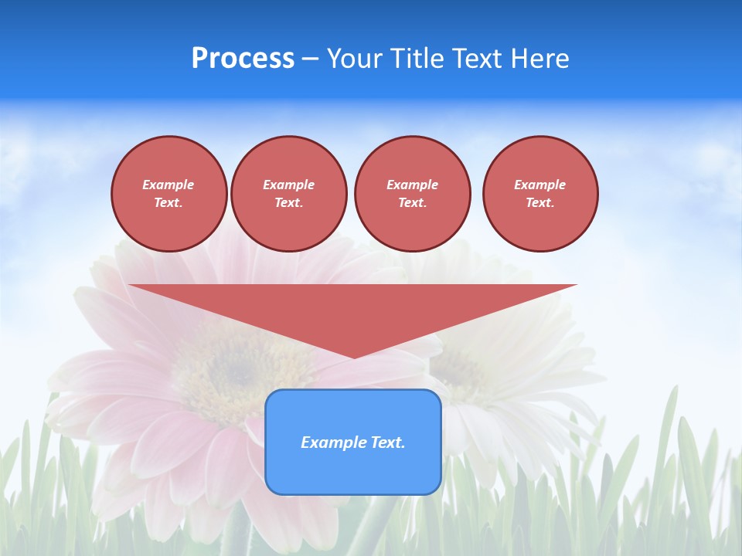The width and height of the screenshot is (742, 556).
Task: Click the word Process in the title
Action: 243,59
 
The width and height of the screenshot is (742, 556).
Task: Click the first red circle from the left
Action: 169,194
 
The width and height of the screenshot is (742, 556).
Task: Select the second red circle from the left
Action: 289,194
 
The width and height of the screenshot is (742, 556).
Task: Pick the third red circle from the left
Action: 413,194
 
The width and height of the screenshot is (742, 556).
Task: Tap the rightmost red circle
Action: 540,194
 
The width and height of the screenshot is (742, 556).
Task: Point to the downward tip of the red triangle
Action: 354,357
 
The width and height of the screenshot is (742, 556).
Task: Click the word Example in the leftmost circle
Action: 168,185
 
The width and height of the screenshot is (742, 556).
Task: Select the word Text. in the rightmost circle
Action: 540,203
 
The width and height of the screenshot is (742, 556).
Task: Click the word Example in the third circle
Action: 413,185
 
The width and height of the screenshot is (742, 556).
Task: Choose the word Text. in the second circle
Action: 289,203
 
